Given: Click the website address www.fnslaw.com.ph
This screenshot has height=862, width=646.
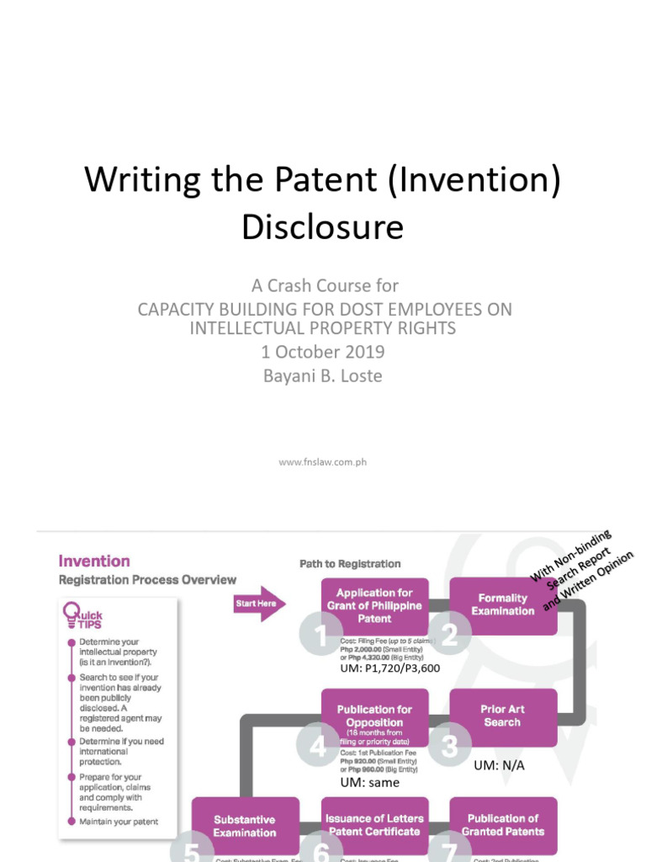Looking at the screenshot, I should pyautogui.click(x=322, y=462).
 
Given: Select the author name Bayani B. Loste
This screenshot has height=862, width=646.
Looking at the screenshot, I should pyautogui.click(x=323, y=375).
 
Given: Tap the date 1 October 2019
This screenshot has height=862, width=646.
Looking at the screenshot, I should pyautogui.click(x=323, y=351).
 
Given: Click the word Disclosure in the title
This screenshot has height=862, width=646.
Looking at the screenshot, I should pyautogui.click(x=323, y=226).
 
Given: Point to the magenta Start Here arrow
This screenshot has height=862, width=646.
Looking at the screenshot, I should pyautogui.click(x=260, y=603).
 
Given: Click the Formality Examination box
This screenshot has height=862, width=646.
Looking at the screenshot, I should pyautogui.click(x=503, y=605).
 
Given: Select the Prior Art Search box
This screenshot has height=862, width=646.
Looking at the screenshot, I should pyautogui.click(x=503, y=716).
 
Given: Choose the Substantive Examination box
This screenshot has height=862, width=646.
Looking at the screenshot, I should pyautogui.click(x=245, y=826).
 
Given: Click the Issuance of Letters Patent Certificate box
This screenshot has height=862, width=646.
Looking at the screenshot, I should pyautogui.click(x=374, y=825).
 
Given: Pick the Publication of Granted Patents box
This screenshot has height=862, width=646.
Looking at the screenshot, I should pyautogui.click(x=503, y=825).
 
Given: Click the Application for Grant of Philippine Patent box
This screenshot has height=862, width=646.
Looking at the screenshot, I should pyautogui.click(x=374, y=605).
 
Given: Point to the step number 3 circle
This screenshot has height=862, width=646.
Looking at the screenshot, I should pyautogui.click(x=449, y=745).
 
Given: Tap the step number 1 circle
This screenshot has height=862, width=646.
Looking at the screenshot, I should pyautogui.click(x=320, y=634).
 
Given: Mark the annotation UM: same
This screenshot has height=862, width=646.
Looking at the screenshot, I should pyautogui.click(x=370, y=782).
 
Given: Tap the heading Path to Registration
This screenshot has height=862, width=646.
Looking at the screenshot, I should pyautogui.click(x=350, y=563).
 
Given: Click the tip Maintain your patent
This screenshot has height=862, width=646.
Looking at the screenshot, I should pyautogui.click(x=119, y=822).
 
